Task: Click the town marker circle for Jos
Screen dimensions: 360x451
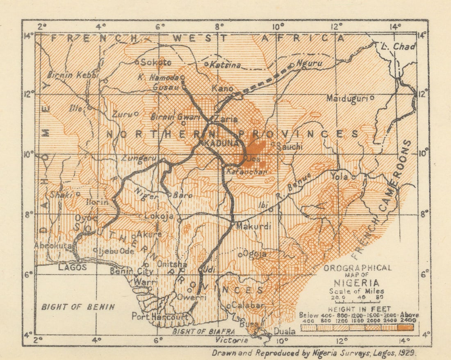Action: point(245,157)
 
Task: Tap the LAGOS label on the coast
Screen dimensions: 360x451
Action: point(72,267)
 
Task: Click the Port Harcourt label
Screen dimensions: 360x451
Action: point(160,317)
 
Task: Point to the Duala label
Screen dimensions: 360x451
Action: point(284,331)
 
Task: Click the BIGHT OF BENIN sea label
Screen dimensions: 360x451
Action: point(78,307)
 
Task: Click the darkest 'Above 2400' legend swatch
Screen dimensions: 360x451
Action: point(405,328)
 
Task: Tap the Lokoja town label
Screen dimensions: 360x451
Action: point(159,216)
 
